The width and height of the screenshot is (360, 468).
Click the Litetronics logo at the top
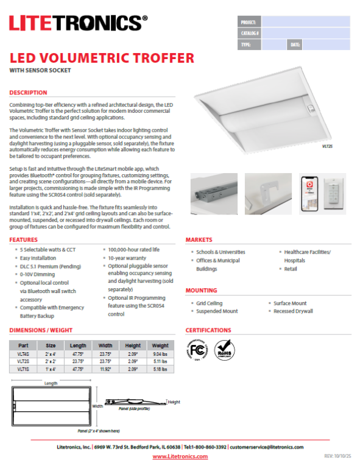(x=78, y=24)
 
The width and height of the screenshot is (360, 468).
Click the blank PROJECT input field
(x=306, y=21)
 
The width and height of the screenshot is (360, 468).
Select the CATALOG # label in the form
(x=250, y=33)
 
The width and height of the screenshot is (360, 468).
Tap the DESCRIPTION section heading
(x=28, y=93)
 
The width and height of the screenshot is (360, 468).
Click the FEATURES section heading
(x=24, y=240)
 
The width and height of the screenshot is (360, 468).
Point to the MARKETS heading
(x=199, y=240)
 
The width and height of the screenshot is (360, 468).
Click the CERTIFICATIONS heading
(x=208, y=330)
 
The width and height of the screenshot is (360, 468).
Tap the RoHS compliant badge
(x=225, y=350)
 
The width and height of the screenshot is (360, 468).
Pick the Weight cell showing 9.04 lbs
(x=160, y=354)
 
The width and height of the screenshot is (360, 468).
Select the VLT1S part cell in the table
(x=23, y=369)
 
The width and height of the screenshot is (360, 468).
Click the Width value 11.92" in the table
(x=105, y=369)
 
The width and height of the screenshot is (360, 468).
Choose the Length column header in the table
(x=78, y=346)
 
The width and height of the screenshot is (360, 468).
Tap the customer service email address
(x=266, y=447)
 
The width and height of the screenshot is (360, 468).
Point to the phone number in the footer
(x=206, y=447)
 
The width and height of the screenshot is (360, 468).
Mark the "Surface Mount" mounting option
(x=289, y=303)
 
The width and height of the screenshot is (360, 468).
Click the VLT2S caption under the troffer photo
(x=328, y=147)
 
